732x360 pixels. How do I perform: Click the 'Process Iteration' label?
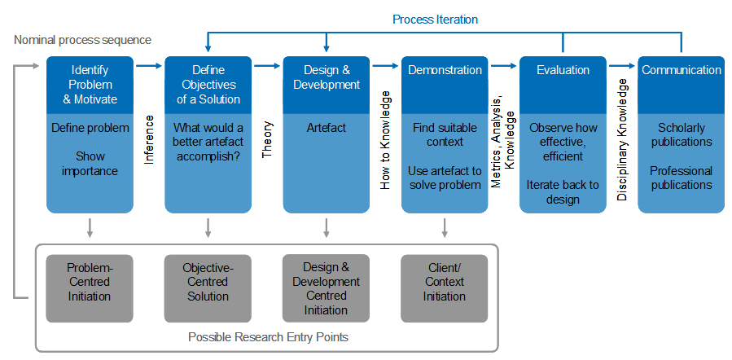(435, 20)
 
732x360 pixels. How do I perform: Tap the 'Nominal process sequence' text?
(82, 40)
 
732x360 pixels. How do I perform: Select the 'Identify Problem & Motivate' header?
(90, 85)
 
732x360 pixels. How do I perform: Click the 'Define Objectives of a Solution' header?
(208, 85)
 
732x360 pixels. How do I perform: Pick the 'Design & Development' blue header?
(327, 85)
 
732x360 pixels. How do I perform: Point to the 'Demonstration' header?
(445, 85)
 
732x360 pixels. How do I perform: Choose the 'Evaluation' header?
(563, 85)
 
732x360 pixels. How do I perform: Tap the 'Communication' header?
(682, 85)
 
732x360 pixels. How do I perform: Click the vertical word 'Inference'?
(149, 140)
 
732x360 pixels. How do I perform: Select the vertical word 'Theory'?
(268, 140)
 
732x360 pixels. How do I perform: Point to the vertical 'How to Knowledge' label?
(385, 140)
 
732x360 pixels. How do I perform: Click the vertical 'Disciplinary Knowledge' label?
(622, 140)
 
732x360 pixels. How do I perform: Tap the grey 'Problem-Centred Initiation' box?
(90, 288)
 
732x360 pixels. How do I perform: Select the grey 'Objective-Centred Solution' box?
(208, 288)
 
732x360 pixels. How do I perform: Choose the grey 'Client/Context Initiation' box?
(445, 288)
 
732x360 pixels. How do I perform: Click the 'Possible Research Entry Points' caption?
(268, 337)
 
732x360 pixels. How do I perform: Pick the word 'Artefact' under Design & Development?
(327, 128)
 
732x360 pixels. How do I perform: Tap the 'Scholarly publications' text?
(682, 134)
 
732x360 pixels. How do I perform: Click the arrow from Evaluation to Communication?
(622, 66)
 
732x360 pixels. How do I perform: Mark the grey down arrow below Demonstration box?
(445, 227)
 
